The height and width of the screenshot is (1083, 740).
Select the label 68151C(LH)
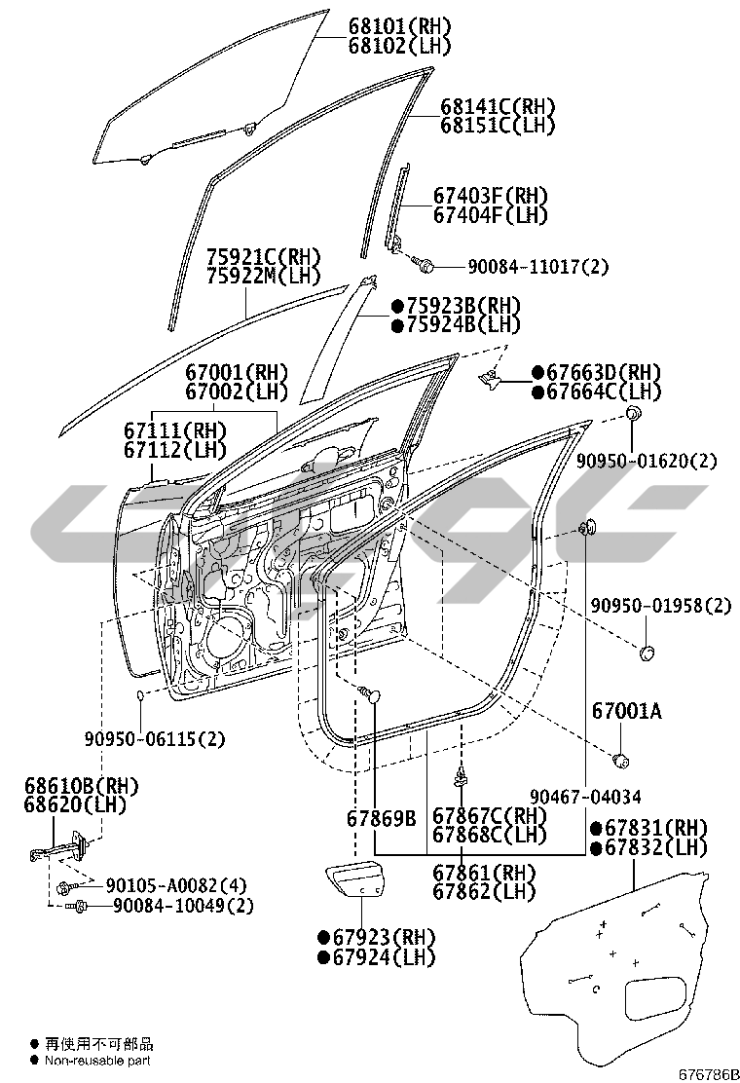497,126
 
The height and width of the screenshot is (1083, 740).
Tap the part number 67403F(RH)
491,196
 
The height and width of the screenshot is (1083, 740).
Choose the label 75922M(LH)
262,277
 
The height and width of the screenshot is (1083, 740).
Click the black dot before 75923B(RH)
397,306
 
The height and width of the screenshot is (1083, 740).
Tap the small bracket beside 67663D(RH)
492,377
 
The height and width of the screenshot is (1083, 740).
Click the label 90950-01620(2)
646,460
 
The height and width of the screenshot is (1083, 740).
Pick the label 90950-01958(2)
659,606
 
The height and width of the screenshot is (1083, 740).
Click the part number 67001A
626,712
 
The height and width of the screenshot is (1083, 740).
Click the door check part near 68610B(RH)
60,853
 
